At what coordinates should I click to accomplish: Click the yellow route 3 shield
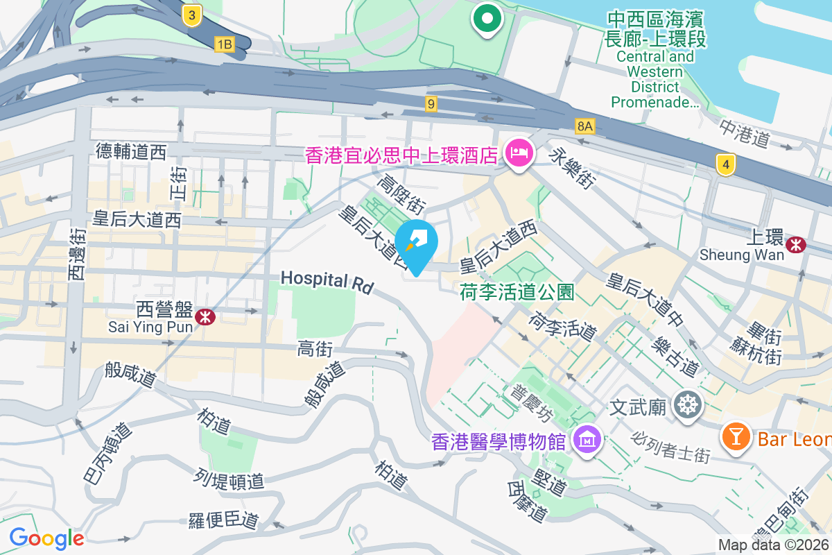(x=193, y=15)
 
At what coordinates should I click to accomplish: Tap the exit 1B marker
(x=224, y=45)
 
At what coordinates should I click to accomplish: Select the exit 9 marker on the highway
(x=431, y=104)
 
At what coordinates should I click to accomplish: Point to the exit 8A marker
(x=584, y=126)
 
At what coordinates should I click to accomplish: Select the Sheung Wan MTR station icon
(x=796, y=243)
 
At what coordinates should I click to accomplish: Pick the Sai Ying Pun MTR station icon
(x=205, y=317)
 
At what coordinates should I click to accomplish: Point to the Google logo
(x=46, y=538)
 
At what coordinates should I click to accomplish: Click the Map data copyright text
(x=774, y=545)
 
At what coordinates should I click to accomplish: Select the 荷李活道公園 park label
(x=517, y=293)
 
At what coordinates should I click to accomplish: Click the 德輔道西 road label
(x=132, y=151)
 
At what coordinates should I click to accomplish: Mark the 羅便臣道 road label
(x=223, y=520)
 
